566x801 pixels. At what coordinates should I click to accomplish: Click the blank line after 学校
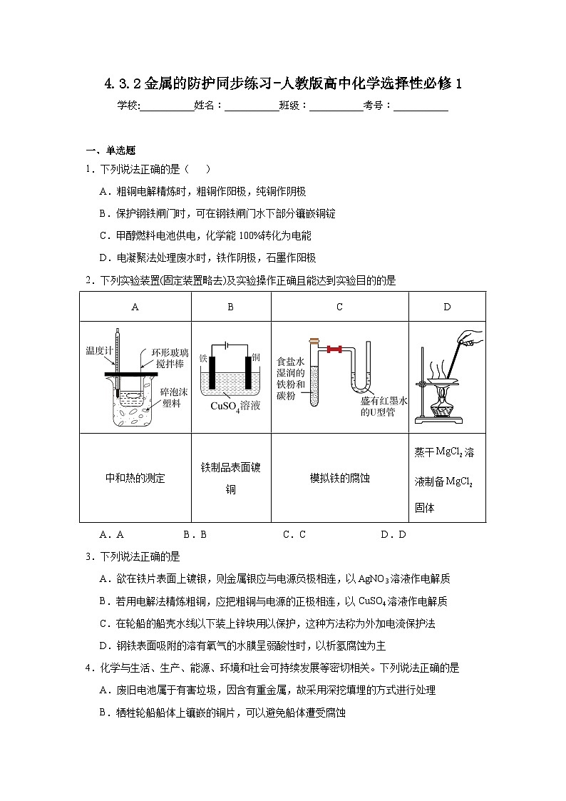168,106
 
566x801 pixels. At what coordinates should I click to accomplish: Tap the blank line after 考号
421,106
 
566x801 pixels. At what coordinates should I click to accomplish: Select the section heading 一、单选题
110,150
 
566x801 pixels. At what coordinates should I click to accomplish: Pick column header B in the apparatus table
231,307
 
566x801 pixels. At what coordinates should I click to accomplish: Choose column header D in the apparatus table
447,307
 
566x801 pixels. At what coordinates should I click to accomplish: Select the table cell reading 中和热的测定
135,478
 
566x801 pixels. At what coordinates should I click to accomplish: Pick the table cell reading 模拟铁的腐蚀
339,478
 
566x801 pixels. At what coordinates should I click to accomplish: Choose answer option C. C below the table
294,534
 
